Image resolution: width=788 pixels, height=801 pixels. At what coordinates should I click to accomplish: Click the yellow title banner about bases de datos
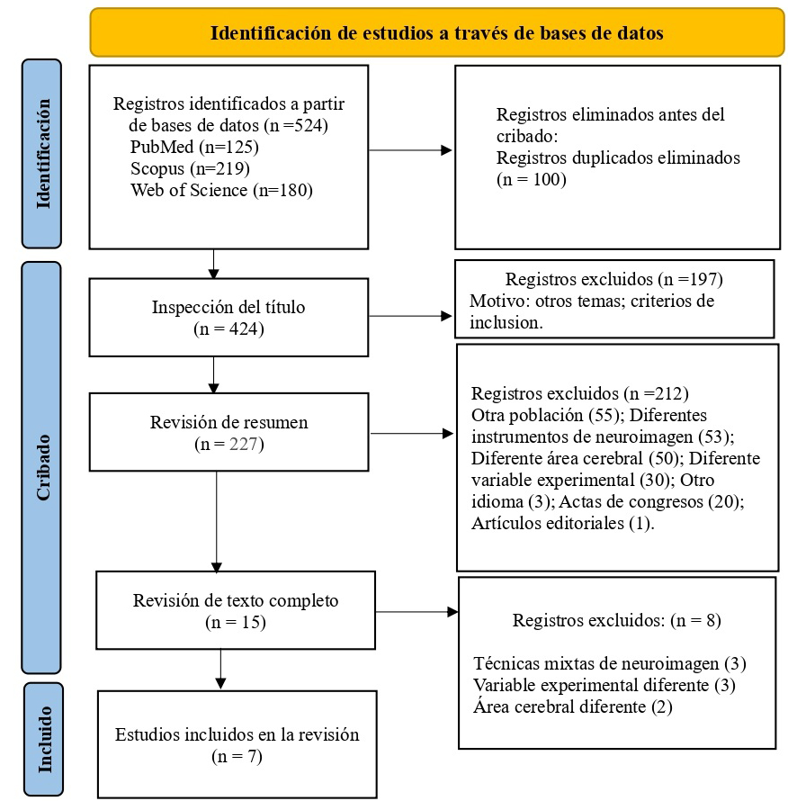click(436, 33)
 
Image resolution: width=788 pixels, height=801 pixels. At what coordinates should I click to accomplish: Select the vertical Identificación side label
click(41, 153)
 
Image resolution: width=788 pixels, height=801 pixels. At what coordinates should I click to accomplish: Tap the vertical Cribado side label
click(41, 467)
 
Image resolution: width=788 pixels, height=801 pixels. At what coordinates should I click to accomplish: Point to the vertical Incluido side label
click(41, 739)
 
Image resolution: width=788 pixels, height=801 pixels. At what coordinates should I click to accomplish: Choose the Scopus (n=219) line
click(189, 167)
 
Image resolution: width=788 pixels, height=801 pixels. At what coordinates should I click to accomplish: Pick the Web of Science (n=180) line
click(221, 189)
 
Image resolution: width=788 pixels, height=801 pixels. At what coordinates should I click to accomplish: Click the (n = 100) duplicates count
click(531, 179)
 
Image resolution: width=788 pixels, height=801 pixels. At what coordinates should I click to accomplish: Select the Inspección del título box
click(228, 316)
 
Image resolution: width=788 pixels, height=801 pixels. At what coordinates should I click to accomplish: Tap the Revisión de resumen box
click(228, 433)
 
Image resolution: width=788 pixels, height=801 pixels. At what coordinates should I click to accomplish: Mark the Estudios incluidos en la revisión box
click(237, 744)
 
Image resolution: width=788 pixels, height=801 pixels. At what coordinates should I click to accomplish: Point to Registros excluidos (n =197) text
click(613, 279)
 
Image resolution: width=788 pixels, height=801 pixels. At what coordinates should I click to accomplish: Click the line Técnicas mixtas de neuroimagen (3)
click(609, 663)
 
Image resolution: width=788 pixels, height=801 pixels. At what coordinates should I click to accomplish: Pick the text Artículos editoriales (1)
click(562, 523)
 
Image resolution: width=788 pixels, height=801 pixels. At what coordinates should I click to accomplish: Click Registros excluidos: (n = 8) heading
click(616, 620)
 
